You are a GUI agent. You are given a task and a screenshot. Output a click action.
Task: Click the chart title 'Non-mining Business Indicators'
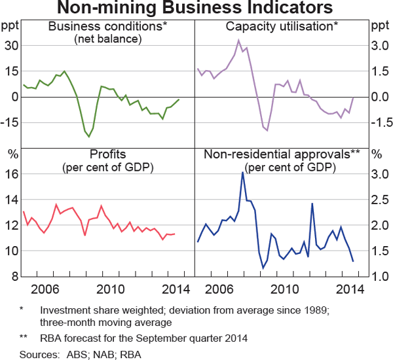196,9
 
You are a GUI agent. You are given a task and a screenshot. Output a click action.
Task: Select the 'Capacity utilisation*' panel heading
282,26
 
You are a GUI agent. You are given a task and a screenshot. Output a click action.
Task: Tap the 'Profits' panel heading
108,154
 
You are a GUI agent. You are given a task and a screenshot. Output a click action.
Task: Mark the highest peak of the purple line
239,40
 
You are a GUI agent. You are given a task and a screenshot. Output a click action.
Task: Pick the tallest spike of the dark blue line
242,172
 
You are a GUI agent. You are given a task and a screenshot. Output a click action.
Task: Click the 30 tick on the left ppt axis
10,45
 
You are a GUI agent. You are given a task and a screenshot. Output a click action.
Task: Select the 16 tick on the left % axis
10,174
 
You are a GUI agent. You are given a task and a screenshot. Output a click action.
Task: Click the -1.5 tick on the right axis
379,122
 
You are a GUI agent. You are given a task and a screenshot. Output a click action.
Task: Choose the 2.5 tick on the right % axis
379,200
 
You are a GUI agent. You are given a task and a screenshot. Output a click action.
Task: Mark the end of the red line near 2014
174,234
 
